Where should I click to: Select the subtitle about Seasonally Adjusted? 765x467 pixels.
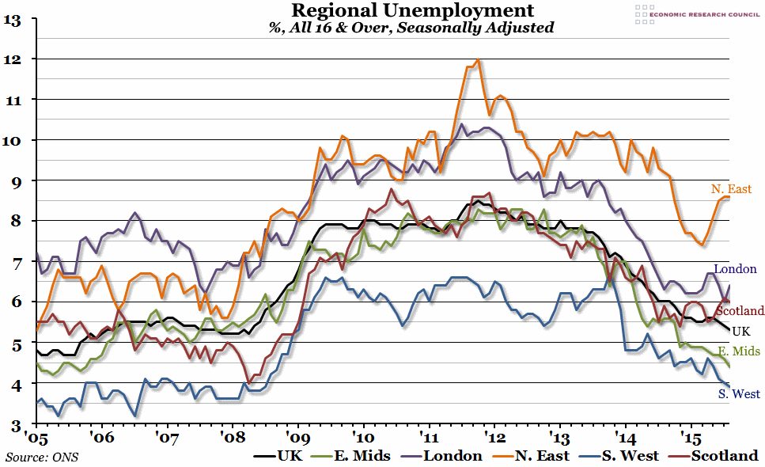[411, 27]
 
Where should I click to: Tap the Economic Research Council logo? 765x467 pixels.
[696, 14]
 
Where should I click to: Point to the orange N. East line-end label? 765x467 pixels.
[730, 189]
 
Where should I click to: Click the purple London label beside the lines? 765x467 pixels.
[735, 269]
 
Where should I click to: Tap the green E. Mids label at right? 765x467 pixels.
[737, 351]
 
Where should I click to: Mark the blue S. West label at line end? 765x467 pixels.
[739, 394]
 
